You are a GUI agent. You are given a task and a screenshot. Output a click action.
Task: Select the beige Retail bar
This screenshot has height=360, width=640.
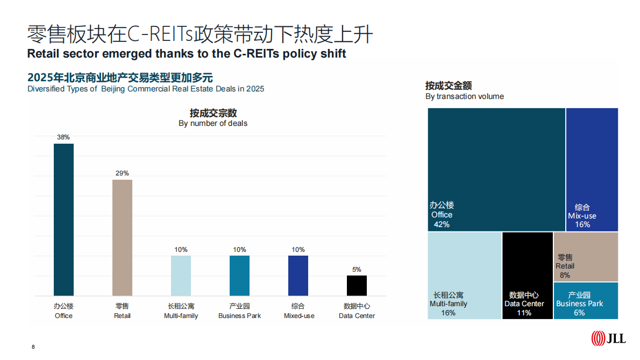pyautogui.click(x=122, y=237)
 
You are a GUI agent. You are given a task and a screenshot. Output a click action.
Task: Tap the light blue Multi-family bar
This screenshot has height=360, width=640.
pyautogui.click(x=181, y=276)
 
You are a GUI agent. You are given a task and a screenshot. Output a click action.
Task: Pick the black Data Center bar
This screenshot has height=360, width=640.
pyautogui.click(x=357, y=286)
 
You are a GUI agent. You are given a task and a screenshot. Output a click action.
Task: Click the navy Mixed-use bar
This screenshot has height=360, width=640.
pyautogui.click(x=298, y=276)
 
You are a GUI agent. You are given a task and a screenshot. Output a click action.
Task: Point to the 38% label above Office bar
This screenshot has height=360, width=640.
pyautogui.click(x=63, y=137)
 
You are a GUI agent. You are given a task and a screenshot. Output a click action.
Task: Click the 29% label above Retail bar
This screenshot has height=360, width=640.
pyautogui.click(x=122, y=173)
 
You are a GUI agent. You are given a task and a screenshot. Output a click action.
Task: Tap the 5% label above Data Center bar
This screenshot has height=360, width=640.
pyautogui.click(x=357, y=270)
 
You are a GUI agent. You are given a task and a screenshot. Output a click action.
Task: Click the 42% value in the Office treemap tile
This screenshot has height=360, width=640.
pyautogui.click(x=442, y=224)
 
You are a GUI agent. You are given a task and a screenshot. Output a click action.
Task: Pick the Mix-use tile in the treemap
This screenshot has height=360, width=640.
pyautogui.click(x=592, y=170)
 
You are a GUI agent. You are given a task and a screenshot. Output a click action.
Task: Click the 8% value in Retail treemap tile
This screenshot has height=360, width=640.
pyautogui.click(x=565, y=275)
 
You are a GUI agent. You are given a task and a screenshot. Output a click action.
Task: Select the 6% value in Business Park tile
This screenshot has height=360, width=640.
pyautogui.click(x=579, y=313)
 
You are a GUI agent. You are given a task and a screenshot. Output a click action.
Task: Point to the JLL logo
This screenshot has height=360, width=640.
pyautogui.click(x=608, y=338)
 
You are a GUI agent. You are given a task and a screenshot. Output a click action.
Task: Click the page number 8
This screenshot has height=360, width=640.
pyautogui.click(x=33, y=347)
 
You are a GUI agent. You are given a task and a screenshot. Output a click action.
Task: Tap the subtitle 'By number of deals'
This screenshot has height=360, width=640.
pyautogui.click(x=213, y=123)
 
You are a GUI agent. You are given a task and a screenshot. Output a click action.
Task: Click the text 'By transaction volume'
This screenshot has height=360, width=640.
pyautogui.click(x=465, y=96)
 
